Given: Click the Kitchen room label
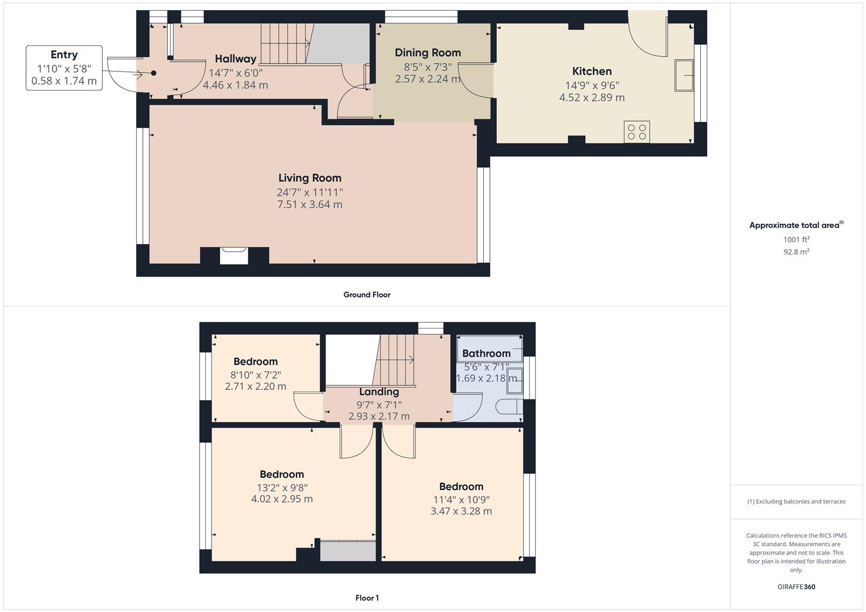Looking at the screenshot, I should point(592,71).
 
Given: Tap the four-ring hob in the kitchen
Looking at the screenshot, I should point(636,132).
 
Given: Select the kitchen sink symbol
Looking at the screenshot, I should point(685,75).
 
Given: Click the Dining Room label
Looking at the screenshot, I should point(428,53).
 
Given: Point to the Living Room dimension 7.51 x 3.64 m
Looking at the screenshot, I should point(310,205).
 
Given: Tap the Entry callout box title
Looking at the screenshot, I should point(64,55).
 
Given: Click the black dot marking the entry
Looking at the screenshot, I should point(154,73).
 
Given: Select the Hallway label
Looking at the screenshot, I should point(235,59).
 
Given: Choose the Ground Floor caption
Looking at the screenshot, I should point(367,295).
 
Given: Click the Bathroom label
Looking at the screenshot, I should point(486,354).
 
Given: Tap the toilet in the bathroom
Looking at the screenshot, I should point(509,407).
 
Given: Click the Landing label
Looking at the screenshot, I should point(379,392).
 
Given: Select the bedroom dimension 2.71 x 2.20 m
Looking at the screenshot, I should point(255,386).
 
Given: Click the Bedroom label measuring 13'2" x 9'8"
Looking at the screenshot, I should point(282,474).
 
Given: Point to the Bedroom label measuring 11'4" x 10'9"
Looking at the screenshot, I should point(461,487).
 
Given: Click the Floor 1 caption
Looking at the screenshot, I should point(367,598).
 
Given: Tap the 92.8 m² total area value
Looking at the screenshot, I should point(796,252).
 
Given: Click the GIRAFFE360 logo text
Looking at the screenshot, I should point(796,586).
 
